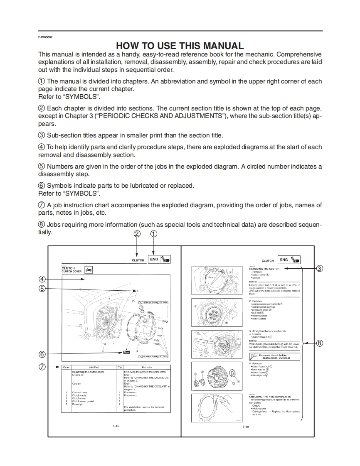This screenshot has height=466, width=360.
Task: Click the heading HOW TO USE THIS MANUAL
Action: pyautogui.click(x=180, y=46)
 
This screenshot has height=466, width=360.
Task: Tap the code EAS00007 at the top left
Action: pyautogui.click(x=45, y=37)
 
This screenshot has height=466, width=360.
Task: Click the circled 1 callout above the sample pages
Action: pyautogui.click(x=154, y=234)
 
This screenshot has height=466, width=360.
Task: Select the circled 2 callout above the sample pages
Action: pyautogui.click(x=137, y=234)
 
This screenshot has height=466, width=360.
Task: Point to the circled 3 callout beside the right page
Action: pyautogui.click(x=319, y=268)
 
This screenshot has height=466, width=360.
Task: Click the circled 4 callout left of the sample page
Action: pyautogui.click(x=42, y=280)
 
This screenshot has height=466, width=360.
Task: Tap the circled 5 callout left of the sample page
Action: pyautogui.click(x=42, y=289)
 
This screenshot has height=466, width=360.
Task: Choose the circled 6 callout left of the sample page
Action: pyautogui.click(x=42, y=354)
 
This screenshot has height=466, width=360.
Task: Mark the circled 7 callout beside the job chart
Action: pyautogui.click(x=42, y=367)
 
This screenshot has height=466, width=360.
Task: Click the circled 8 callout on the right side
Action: pyautogui.click(x=319, y=343)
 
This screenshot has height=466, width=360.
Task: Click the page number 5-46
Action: pyautogui.click(x=116, y=426)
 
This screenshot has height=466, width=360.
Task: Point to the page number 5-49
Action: pyautogui.click(x=246, y=427)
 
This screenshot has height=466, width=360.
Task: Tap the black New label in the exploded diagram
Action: pyautogui.click(x=126, y=352)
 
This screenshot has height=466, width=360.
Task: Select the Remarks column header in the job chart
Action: pyautogui.click(x=147, y=368)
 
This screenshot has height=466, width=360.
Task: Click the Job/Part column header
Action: pyautogui.click(x=93, y=368)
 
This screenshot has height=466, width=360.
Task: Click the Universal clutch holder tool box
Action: pyautogui.click(x=275, y=356)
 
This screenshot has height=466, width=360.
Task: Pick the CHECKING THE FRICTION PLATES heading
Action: pyautogui.click(x=270, y=397)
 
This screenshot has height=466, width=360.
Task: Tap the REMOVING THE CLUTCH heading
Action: pyautogui.click(x=264, y=269)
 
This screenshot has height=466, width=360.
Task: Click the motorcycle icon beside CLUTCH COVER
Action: pyautogui.click(x=89, y=270)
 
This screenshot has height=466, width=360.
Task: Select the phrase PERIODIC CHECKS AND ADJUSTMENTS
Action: pyautogui.click(x=160, y=115)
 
